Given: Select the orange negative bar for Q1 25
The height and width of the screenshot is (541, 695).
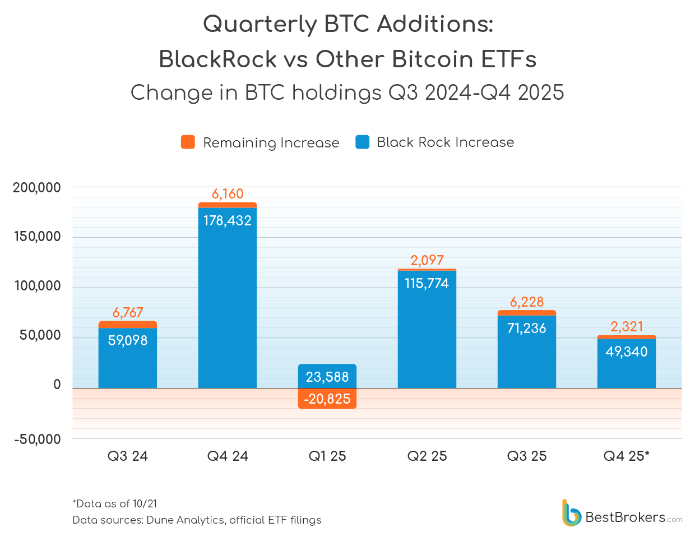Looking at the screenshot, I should coord(327,399).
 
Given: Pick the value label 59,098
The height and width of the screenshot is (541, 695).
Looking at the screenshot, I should coord(128,340).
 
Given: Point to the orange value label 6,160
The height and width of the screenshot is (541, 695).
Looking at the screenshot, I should coord(228,194).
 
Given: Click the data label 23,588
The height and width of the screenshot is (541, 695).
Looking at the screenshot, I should coord(327,377).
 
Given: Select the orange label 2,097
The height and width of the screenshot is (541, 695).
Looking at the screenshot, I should coord(427,260).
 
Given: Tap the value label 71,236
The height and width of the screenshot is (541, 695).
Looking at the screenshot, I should coord(527,328).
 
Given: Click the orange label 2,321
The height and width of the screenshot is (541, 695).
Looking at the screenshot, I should coord(627,326).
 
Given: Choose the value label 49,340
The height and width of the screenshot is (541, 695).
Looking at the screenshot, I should coord(627,352).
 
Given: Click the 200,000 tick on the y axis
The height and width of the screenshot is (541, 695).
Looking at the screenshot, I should coord(37,188).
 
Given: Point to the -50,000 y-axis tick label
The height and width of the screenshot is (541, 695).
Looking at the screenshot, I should coord(38,440).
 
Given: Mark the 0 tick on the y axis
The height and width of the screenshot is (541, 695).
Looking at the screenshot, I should coord(57,385).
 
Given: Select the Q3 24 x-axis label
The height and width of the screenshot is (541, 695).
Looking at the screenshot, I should coord(128,456).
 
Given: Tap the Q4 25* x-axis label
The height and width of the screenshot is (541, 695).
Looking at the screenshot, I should coord(627,456).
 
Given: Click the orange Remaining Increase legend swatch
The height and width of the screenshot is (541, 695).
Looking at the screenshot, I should coord(188,142).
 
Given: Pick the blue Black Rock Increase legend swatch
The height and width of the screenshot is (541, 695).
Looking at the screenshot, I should coord(362,142).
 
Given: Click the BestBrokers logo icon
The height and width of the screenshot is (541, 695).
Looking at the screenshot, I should coord(571,514).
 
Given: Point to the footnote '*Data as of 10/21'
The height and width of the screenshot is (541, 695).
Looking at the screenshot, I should coord(115,503).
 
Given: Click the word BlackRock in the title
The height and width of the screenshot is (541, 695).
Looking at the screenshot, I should coord(217,59).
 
